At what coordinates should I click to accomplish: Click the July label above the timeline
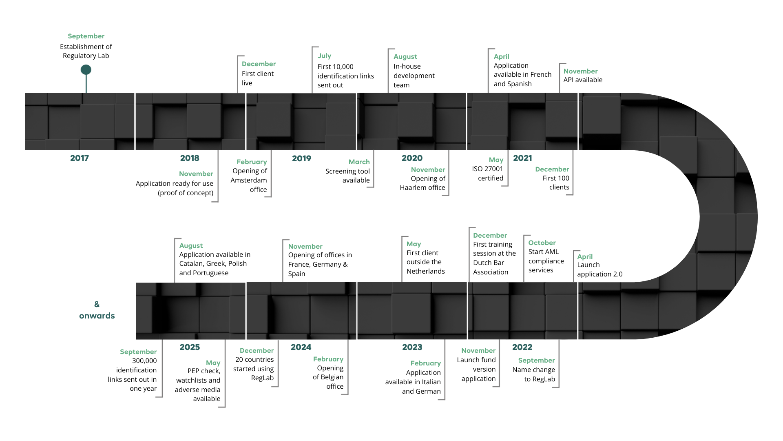pos(325,58)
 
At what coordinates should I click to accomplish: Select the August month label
pos(405,58)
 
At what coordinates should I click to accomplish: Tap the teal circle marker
pos(86,70)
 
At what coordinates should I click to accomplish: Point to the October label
pos(542,245)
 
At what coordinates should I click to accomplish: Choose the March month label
pos(358,164)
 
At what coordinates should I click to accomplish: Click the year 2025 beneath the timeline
pos(190,347)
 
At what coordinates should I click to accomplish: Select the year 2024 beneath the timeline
pos(301,347)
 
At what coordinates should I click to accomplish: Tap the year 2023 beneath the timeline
pos(412,347)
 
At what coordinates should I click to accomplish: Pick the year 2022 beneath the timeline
pos(522,347)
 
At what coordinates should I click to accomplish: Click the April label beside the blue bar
pos(502,58)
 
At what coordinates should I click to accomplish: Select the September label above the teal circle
pos(86,36)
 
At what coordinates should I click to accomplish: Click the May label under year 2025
pos(213,365)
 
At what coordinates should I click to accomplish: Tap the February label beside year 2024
pos(328,360)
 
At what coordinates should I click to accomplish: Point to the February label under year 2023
pos(426,365)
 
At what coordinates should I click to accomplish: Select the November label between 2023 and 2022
pos(478,352)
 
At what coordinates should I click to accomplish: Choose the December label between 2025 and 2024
pos(257,352)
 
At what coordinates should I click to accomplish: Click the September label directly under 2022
pos(536,363)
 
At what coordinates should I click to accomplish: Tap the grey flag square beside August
pos(391,52)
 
